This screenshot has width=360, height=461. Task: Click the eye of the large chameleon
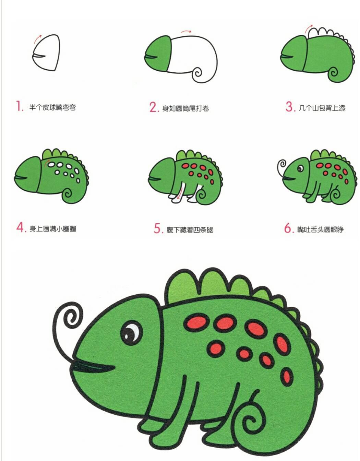click(131, 333)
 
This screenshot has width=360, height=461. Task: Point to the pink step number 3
click(290, 107)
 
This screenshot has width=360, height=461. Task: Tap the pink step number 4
click(21, 227)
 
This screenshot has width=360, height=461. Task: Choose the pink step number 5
click(158, 228)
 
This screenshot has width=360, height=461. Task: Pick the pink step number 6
click(288, 228)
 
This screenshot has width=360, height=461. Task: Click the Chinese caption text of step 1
click(52, 107)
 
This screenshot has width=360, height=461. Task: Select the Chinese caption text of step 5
click(190, 229)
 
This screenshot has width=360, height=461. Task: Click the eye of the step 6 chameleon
click(300, 169)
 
